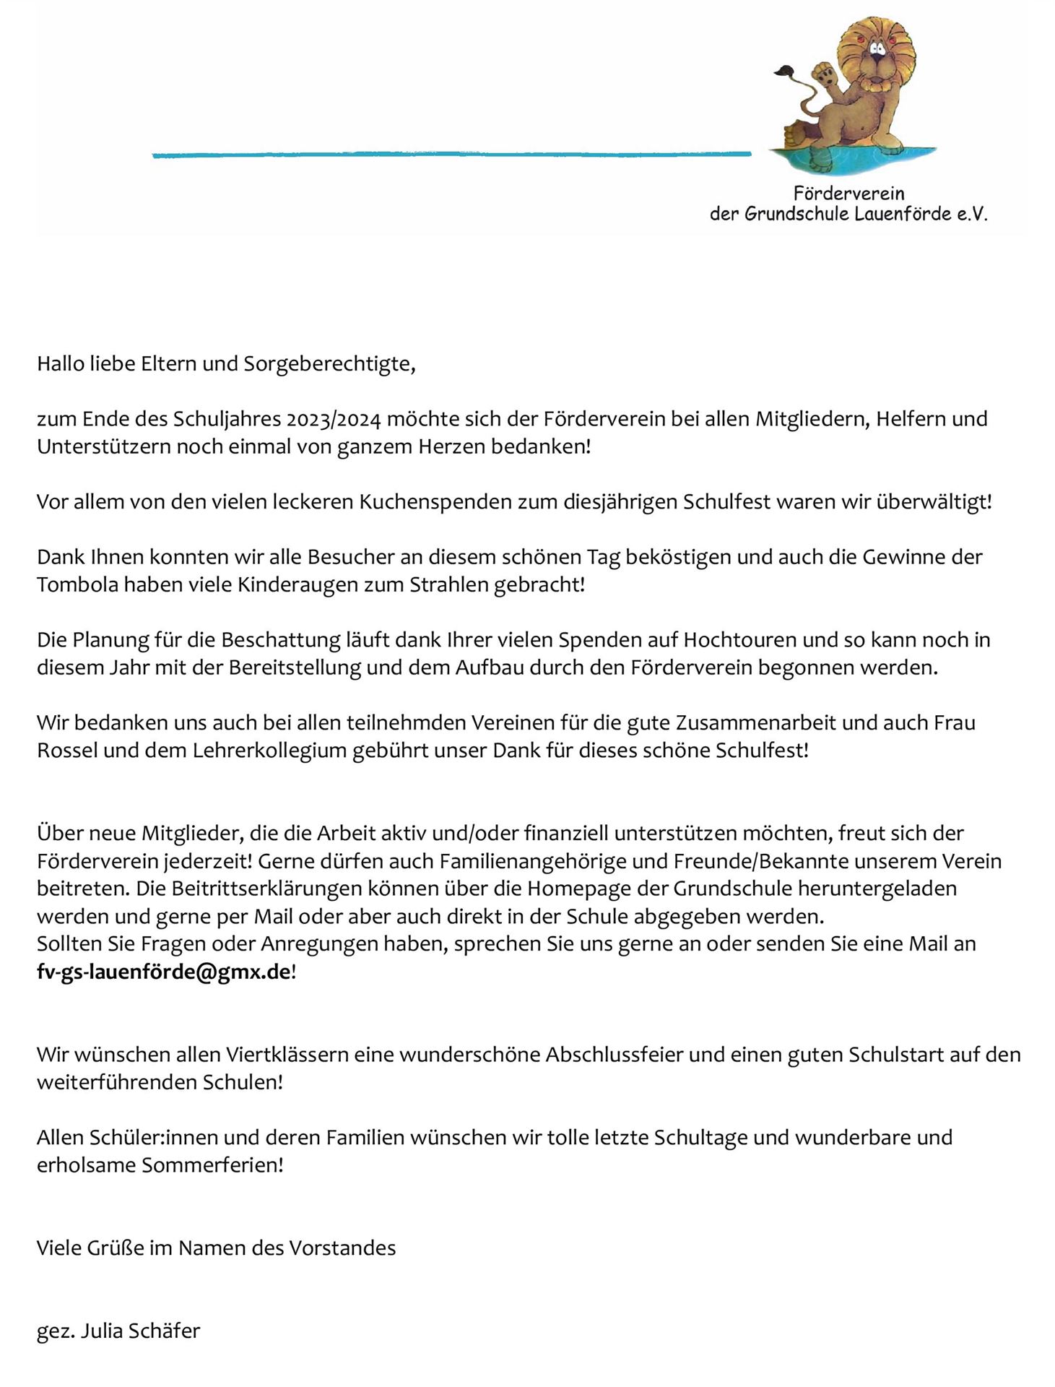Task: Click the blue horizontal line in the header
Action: [451, 154]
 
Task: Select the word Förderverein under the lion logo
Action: [848, 194]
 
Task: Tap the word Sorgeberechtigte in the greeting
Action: [329, 363]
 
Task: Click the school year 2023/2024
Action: [333, 419]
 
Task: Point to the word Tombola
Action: [77, 584]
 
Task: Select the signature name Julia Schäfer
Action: [140, 1331]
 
